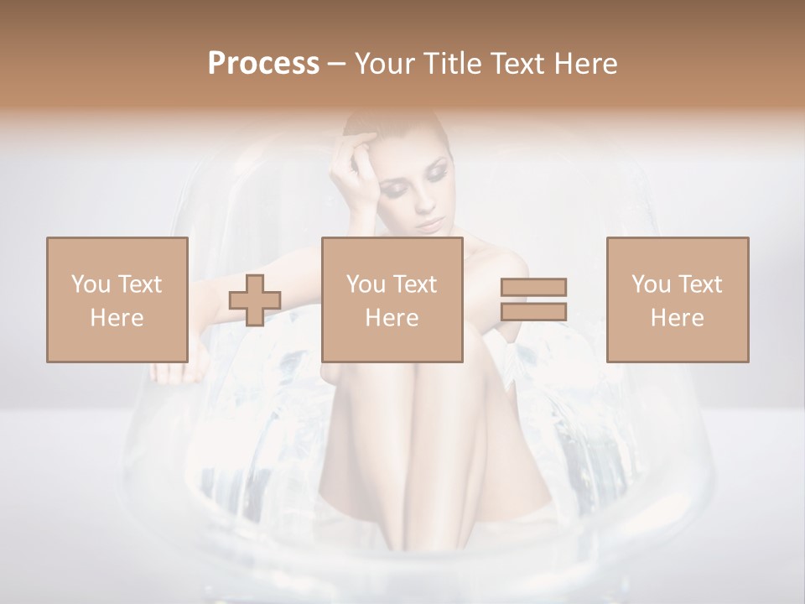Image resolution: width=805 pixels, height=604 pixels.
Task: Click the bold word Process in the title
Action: tap(263, 64)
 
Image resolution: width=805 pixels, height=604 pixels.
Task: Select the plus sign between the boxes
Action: tap(255, 300)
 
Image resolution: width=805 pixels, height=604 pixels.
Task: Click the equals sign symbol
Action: tap(533, 299)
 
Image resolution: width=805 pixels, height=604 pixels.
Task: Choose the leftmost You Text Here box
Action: tap(117, 299)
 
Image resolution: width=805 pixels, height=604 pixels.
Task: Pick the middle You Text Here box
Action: tap(392, 299)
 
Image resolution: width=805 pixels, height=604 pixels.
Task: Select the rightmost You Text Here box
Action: tap(677, 299)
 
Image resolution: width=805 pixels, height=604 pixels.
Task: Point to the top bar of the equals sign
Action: tap(533, 288)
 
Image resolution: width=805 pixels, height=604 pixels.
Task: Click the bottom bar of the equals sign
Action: tap(533, 312)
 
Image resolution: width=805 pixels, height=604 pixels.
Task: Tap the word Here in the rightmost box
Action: tap(677, 317)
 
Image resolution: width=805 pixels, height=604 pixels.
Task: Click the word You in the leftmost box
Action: tap(89, 284)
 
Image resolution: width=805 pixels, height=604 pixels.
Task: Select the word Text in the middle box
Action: tap(415, 284)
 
